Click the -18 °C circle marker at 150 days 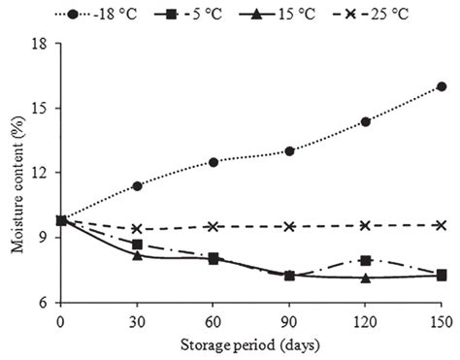pyautogui.click(x=442, y=86)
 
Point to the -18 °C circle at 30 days pyautogui.click(x=137, y=185)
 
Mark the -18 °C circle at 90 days pyautogui.click(x=289, y=150)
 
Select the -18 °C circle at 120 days pyautogui.click(x=366, y=121)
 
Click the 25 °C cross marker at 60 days pyautogui.click(x=214, y=226)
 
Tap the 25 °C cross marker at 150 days pyautogui.click(x=442, y=225)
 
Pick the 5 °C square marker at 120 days pyautogui.click(x=366, y=260)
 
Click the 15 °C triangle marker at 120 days pyautogui.click(x=366, y=278)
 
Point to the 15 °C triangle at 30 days pyautogui.click(x=137, y=255)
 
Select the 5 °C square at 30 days pyautogui.click(x=137, y=245)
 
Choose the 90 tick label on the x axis pyautogui.click(x=289, y=319)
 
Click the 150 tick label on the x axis pyautogui.click(x=442, y=319)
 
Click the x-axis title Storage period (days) pyautogui.click(x=251, y=344)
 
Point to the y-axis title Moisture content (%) pyautogui.click(x=16, y=173)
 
